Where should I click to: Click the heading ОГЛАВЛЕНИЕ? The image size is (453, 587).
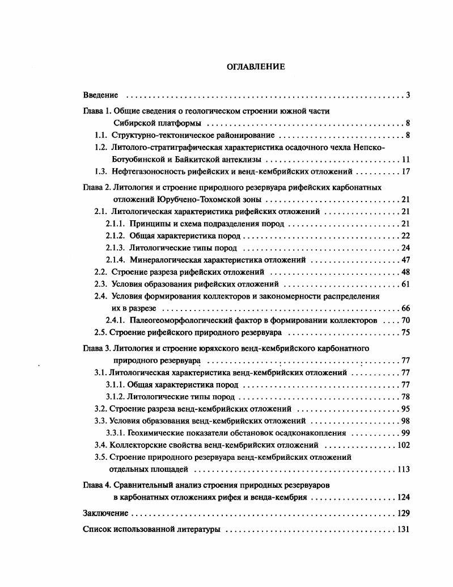point(256,66)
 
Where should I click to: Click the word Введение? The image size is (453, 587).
point(100,95)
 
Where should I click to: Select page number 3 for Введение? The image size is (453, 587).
point(408,95)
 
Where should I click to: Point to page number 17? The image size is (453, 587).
point(405,171)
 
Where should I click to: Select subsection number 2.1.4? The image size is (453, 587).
point(115,259)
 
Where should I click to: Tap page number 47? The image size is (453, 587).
point(405,259)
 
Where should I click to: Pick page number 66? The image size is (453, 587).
point(405,308)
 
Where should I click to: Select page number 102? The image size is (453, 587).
point(404,445)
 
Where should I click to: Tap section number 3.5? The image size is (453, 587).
point(100,457)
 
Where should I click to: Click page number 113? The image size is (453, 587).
point(404,469)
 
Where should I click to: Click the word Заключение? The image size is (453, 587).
point(105,513)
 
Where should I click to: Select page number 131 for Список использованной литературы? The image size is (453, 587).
point(404,530)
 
